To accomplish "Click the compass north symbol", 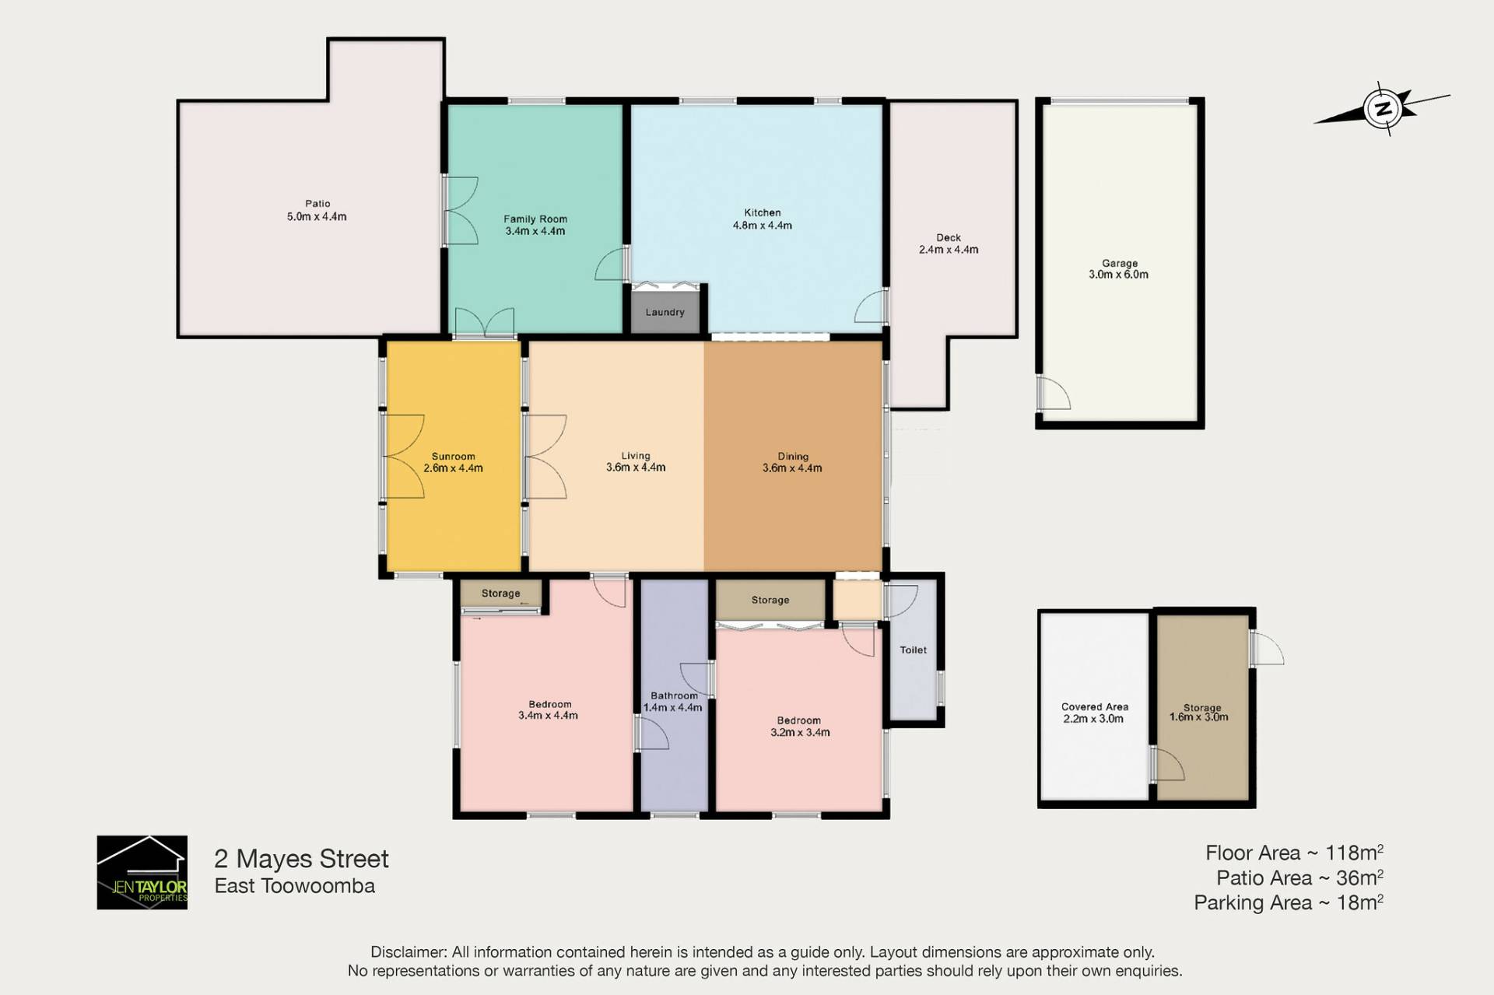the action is click(1383, 109).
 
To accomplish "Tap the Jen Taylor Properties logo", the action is click(142, 872).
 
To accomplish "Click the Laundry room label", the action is click(665, 312).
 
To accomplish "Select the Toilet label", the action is click(914, 650).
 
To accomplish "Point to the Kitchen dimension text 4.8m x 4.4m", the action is click(763, 226).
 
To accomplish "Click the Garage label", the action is click(1120, 263).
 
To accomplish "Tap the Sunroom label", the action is click(453, 457).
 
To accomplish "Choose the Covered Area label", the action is click(1095, 706).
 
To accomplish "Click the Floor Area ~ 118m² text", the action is click(1294, 853).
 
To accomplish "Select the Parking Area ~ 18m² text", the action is click(1289, 902).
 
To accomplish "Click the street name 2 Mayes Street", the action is click(301, 859).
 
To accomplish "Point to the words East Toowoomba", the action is click(295, 886).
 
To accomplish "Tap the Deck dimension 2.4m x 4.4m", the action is click(949, 250).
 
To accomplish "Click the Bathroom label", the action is click(674, 695).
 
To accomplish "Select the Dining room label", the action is click(793, 457).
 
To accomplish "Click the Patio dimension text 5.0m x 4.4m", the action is click(317, 217).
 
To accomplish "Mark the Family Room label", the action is click(535, 219).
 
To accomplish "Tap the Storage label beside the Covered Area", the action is click(1202, 707).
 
